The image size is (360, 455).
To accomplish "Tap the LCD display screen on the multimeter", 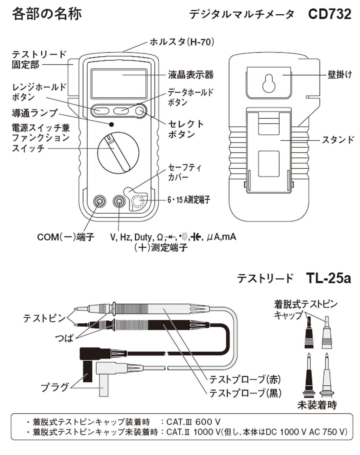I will click(x=119, y=83).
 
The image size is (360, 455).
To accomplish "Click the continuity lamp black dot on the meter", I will click(x=111, y=124).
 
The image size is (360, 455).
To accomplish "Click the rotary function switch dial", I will click(x=118, y=152).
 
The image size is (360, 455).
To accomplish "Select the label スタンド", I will click(x=338, y=140).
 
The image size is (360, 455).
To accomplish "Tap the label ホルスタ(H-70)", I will click(x=182, y=42).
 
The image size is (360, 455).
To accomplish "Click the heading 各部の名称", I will click(x=47, y=14).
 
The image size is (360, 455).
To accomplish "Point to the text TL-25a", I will click(x=328, y=278).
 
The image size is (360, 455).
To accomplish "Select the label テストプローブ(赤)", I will click(x=245, y=379).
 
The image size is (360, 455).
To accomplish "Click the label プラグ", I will click(x=55, y=387).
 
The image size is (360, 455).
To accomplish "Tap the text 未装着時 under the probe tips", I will click(x=317, y=405).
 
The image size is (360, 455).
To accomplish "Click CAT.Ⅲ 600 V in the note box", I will click(x=193, y=422).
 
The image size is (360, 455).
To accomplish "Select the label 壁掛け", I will click(x=340, y=75).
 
